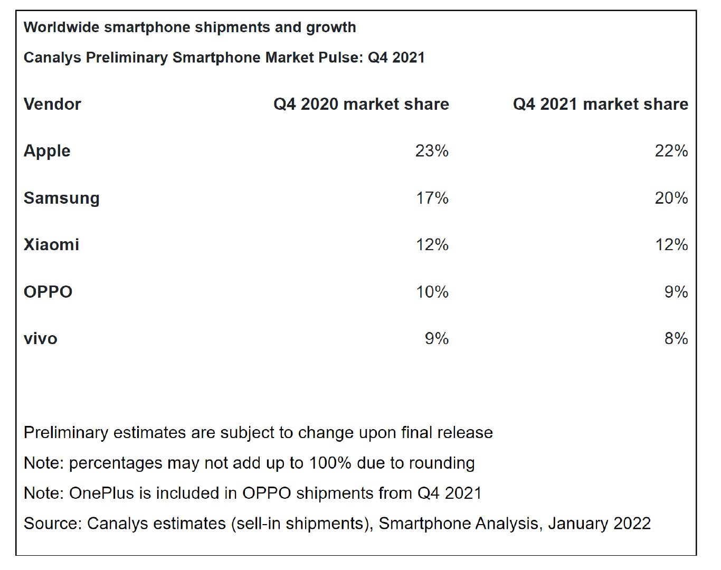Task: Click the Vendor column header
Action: (x=52, y=104)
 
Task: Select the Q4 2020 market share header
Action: (x=361, y=104)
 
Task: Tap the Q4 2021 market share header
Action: (x=600, y=104)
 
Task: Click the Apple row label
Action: (x=47, y=151)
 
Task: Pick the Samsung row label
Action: (x=61, y=198)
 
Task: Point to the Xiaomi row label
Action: (x=51, y=245)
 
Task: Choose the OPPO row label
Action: (x=48, y=292)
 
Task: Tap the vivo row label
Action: (x=41, y=338)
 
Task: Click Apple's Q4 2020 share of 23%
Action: (x=432, y=151)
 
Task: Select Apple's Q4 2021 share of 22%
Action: (x=671, y=151)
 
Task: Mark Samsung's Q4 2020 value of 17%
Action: (x=432, y=198)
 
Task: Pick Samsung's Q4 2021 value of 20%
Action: (x=671, y=198)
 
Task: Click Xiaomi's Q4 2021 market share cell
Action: (x=671, y=245)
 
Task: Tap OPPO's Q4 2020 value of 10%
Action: (x=432, y=292)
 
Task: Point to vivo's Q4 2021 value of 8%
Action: (x=676, y=338)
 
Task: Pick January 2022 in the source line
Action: (x=599, y=524)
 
